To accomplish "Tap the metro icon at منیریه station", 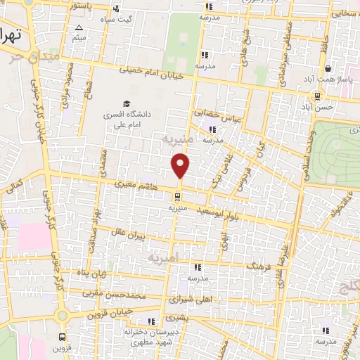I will click(177, 198).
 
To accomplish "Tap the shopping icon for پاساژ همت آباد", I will click(328, 69).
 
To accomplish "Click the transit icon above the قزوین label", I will click(63, 336).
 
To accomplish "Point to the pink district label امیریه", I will click(166, 259).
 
